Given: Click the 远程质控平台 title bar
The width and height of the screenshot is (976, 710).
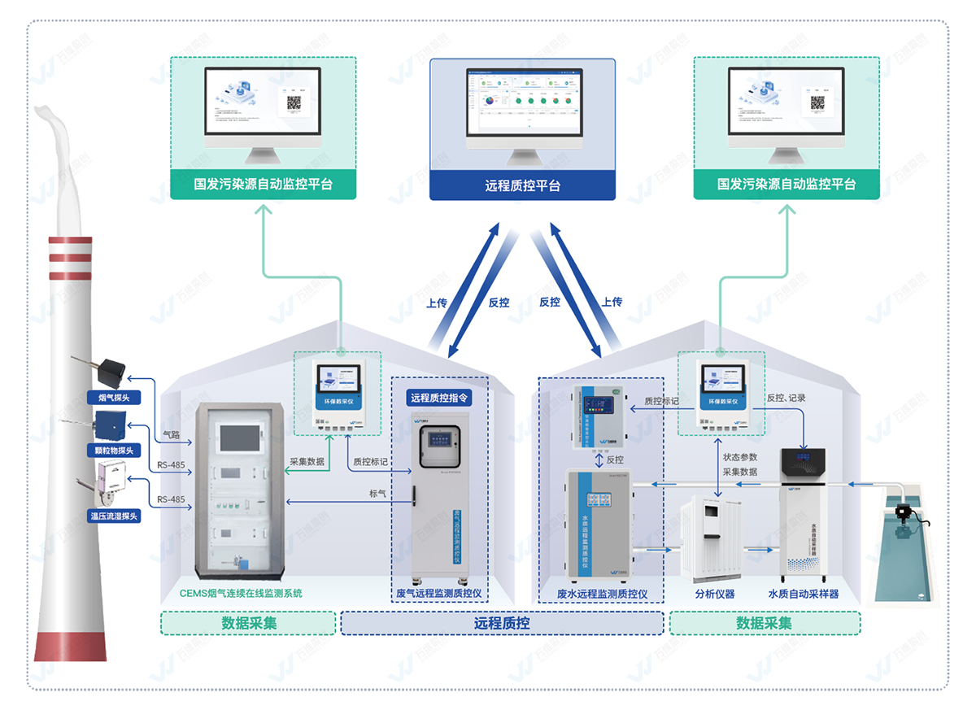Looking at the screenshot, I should [522, 185].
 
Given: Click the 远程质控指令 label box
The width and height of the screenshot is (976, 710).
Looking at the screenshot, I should [439, 398].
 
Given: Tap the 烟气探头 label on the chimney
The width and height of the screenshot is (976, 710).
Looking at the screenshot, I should [114, 398].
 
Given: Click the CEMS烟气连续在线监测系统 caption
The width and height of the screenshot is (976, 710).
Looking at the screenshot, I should [241, 593].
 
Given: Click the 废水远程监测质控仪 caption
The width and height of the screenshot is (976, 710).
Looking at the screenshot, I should [602, 594].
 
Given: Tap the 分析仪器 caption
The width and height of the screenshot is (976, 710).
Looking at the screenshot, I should [715, 594].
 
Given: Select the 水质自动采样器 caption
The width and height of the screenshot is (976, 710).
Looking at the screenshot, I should [804, 594].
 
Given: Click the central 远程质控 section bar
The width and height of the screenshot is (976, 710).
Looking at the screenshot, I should [502, 623].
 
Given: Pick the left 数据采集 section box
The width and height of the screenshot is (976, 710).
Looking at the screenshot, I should [249, 623].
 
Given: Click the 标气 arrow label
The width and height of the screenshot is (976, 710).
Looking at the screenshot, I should [377, 493].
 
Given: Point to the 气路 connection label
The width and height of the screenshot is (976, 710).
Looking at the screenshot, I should [171, 435].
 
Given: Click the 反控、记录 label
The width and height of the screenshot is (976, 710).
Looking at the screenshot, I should [786, 399].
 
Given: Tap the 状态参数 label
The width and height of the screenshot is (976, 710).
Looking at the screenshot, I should [740, 457].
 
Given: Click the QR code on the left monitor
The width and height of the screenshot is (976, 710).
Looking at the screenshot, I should [294, 103].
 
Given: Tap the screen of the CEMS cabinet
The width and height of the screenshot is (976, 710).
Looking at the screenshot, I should [239, 437].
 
